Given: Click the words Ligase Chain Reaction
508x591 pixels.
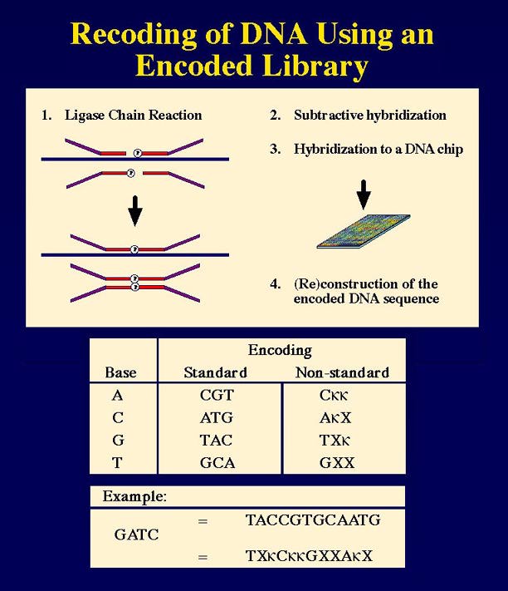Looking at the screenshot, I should click(x=133, y=116).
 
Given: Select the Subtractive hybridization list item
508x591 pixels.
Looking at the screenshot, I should click(x=369, y=116).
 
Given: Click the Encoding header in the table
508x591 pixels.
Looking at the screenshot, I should click(x=280, y=351).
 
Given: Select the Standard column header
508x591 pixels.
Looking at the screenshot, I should click(x=215, y=372).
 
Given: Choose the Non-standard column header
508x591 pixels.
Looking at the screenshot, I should click(x=342, y=372).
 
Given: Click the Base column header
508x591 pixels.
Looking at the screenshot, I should click(x=120, y=372).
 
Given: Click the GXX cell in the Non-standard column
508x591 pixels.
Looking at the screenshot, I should click(x=335, y=463).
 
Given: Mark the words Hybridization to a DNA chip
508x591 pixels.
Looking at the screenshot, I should click(x=378, y=150).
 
